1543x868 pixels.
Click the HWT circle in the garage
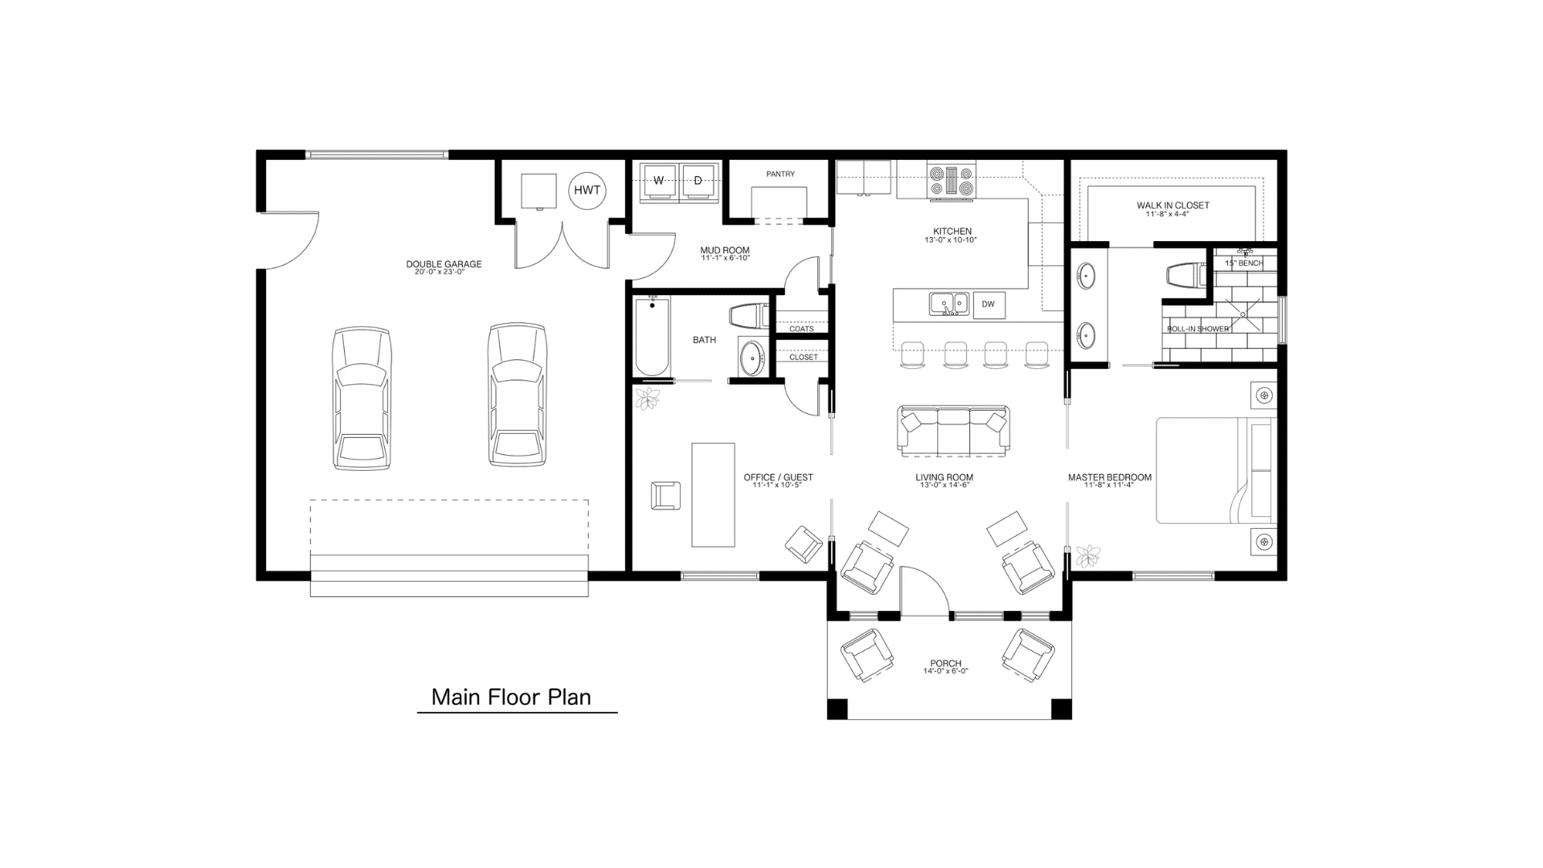pyautogui.click(x=587, y=190)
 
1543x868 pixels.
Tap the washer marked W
pyautogui.click(x=659, y=181)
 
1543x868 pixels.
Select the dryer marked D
pyautogui.click(x=698, y=181)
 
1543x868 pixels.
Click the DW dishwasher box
pyautogui.click(x=988, y=305)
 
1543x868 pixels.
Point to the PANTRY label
pyautogui.click(x=780, y=174)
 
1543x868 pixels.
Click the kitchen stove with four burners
pyautogui.click(x=952, y=180)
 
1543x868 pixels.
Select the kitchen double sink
pyautogui.click(x=949, y=304)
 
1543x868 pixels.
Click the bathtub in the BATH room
pyautogui.click(x=652, y=336)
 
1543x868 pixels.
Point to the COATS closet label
pyautogui.click(x=801, y=329)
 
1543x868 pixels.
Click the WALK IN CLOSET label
pyautogui.click(x=1173, y=206)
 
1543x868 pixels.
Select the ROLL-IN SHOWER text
pyautogui.click(x=1197, y=329)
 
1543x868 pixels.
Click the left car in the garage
pyautogui.click(x=362, y=398)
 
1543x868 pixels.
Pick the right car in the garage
pyautogui.click(x=518, y=395)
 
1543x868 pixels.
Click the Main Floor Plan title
pyautogui.click(x=511, y=697)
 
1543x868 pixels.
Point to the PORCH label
pyautogui.click(x=946, y=664)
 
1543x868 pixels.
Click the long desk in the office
pyautogui.click(x=713, y=494)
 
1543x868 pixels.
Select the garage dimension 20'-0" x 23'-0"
pyautogui.click(x=444, y=272)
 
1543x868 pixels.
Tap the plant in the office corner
pyautogui.click(x=647, y=398)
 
